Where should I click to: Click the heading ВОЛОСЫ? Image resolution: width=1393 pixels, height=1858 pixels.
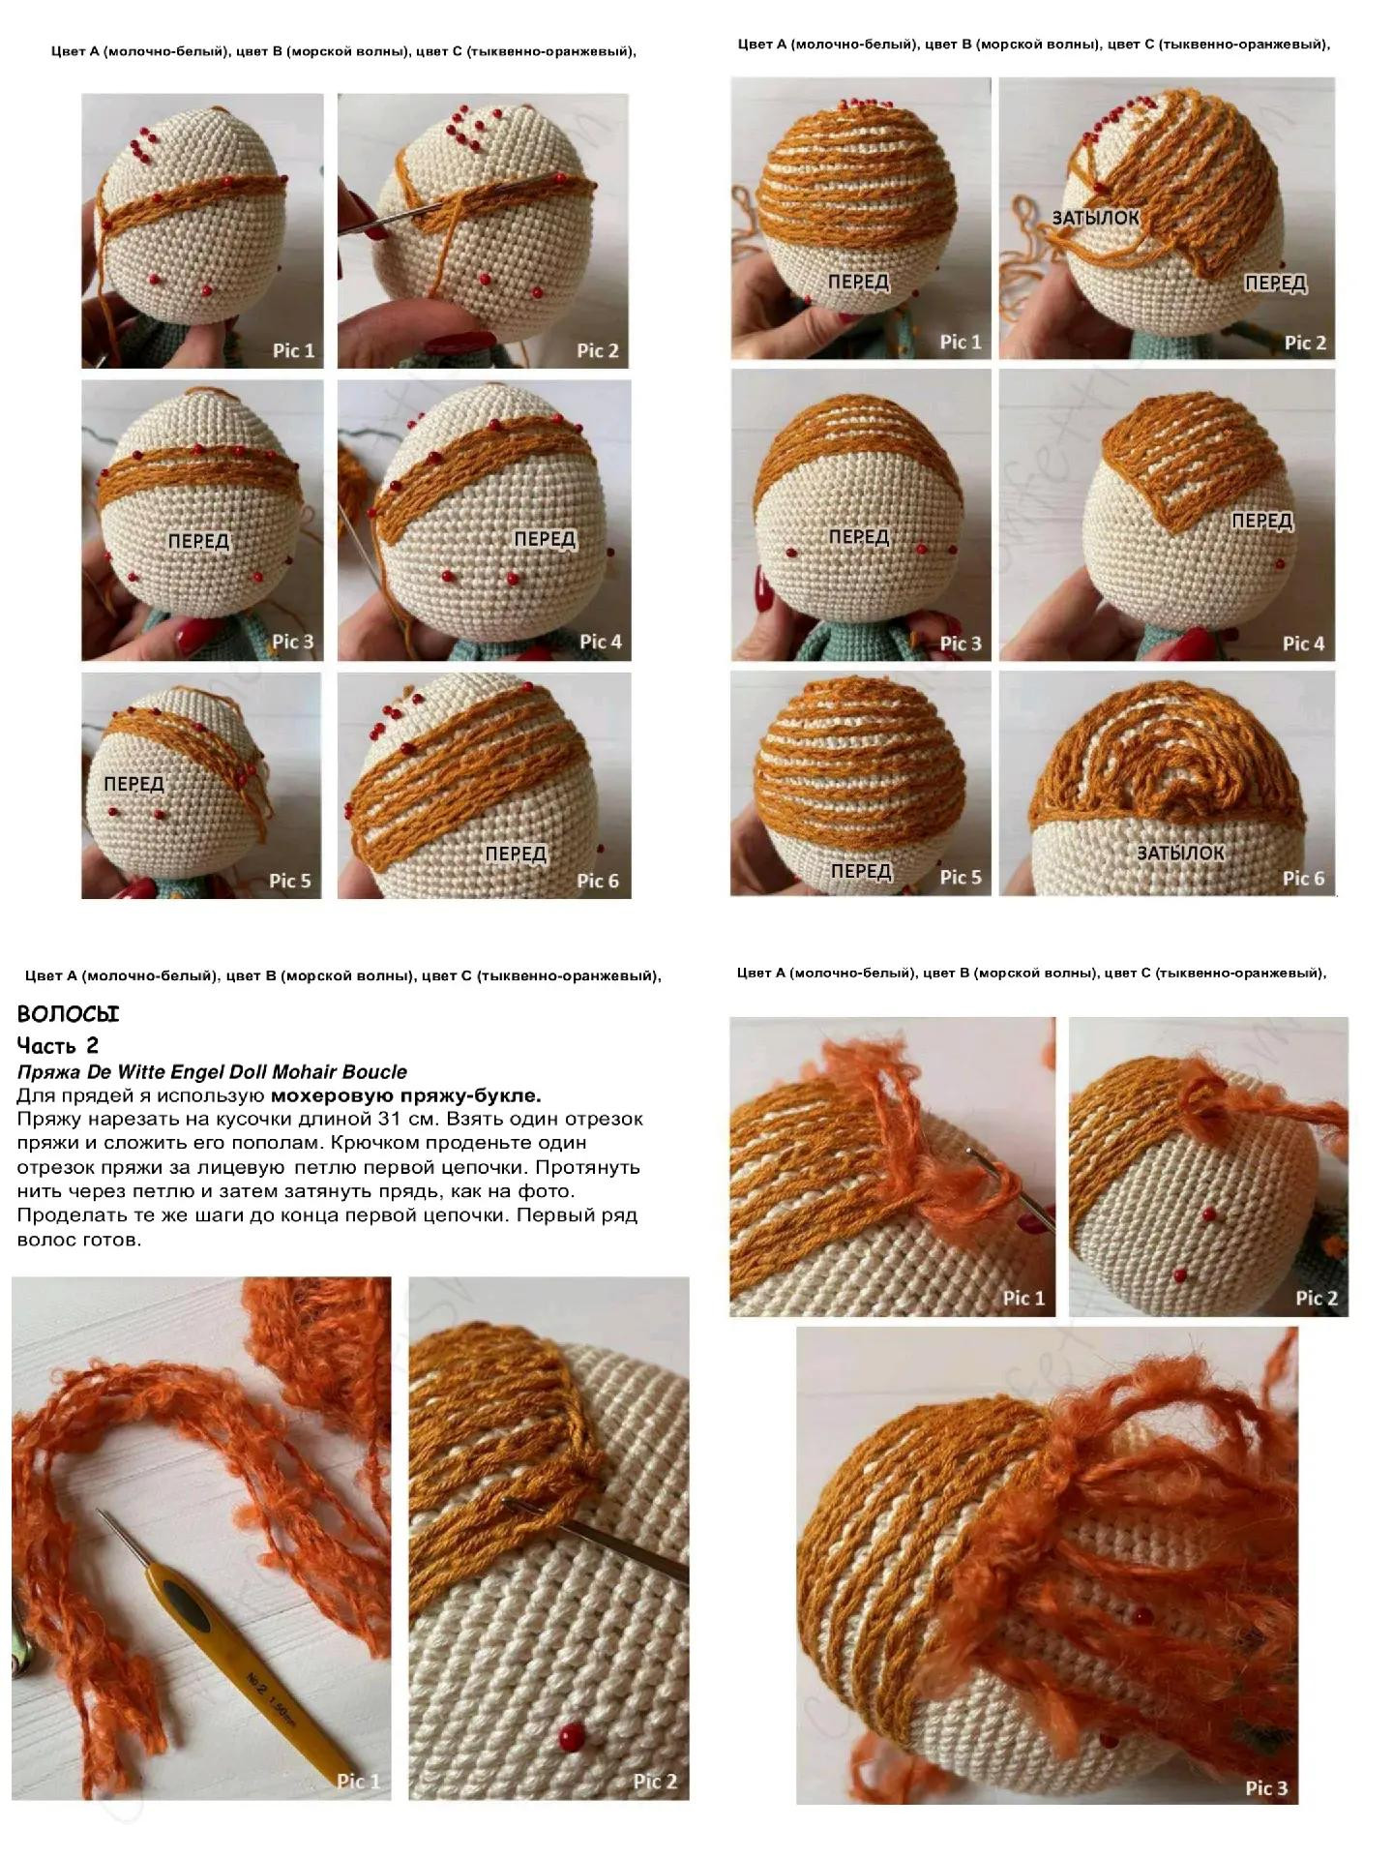tap(68, 1014)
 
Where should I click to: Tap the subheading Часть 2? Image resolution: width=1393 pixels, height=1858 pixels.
tap(58, 1045)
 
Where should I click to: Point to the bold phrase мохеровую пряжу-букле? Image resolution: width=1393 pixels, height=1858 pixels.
tap(406, 1095)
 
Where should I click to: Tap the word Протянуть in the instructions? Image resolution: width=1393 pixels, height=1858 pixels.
tap(587, 1167)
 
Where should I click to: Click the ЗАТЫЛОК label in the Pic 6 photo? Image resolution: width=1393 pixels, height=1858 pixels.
tap(1180, 853)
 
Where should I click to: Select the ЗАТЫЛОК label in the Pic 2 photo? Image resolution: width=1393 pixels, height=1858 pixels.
tap(1096, 218)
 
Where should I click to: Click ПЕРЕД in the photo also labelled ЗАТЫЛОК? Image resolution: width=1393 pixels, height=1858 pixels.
tap(1275, 283)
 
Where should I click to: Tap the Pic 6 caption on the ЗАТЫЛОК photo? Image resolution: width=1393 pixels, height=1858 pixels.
tap(1303, 878)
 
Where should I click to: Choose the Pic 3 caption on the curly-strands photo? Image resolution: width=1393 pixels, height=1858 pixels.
tap(1266, 1788)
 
